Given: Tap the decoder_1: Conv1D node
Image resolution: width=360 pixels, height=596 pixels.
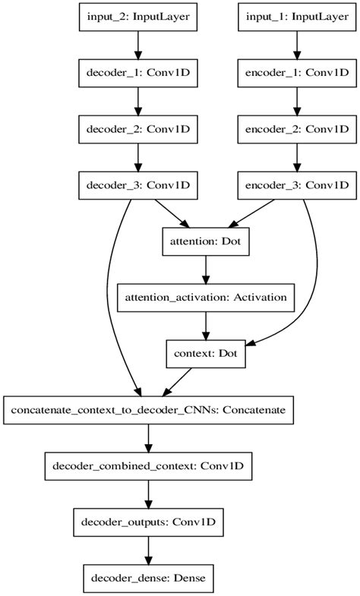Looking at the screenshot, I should coord(137,73).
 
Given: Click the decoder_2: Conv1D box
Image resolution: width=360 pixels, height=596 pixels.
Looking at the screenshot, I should coord(137,128).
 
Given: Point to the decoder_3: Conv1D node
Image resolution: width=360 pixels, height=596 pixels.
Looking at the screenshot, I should coord(137,184).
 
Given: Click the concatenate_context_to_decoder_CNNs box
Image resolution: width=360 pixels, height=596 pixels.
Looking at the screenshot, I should coord(148,409).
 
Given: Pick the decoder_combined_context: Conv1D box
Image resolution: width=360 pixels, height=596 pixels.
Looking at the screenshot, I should coord(148,465).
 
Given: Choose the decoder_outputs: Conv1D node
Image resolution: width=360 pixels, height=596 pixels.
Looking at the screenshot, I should coord(148,522).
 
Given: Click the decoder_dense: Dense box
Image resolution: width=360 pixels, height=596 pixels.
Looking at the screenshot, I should coord(148,577).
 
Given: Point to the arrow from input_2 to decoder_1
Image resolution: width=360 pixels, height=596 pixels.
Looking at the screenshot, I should coord(137,45).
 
